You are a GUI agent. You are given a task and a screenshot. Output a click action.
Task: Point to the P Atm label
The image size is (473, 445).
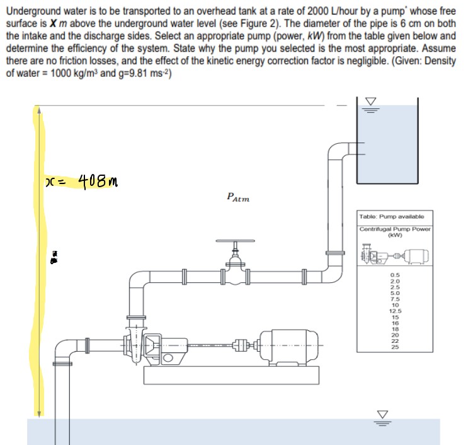click(x=237, y=198)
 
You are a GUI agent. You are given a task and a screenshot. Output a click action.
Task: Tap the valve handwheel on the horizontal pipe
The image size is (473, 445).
click(x=234, y=242)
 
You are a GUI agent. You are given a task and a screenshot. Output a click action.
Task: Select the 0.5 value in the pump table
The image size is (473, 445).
click(x=395, y=275)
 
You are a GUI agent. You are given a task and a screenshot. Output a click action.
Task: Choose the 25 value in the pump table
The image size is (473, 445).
click(x=395, y=347)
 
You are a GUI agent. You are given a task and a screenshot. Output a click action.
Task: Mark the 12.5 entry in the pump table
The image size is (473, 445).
click(x=395, y=311)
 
